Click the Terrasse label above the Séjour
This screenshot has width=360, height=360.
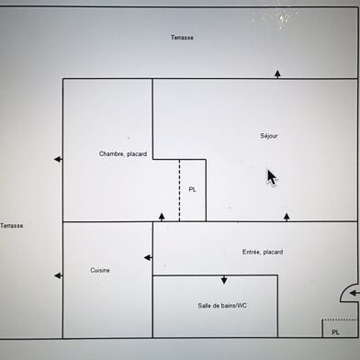pyautogui.click(x=183, y=38)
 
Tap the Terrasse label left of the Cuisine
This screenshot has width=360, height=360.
pyautogui.click(x=11, y=225)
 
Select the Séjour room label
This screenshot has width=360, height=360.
pyautogui.click(x=269, y=136)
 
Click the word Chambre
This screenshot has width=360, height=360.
pyautogui.click(x=112, y=153)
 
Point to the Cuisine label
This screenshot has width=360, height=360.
pyautogui.click(x=101, y=270)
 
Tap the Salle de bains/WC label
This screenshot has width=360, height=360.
pyautogui.click(x=222, y=305)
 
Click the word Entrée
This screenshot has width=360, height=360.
pyautogui.click(x=252, y=252)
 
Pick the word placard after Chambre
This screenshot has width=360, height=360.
pyautogui.click(x=137, y=153)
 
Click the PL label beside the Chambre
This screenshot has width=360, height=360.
pyautogui.click(x=192, y=189)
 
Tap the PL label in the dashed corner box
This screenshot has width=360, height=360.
pyautogui.click(x=334, y=332)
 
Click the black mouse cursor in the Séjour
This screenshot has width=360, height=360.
pyautogui.click(x=272, y=176)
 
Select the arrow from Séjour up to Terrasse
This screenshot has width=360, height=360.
pyautogui.click(x=277, y=73)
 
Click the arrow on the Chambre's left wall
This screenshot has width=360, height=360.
pyautogui.click(x=58, y=159)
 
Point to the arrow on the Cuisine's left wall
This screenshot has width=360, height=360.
pyautogui.click(x=58, y=275)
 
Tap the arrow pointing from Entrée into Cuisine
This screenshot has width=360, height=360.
pyautogui.click(x=147, y=257)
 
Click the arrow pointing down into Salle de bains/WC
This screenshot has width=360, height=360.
pyautogui.click(x=223, y=280)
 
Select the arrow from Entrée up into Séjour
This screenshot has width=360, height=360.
pyautogui.click(x=287, y=217)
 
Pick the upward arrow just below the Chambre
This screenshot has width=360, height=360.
pyautogui.click(x=162, y=217)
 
